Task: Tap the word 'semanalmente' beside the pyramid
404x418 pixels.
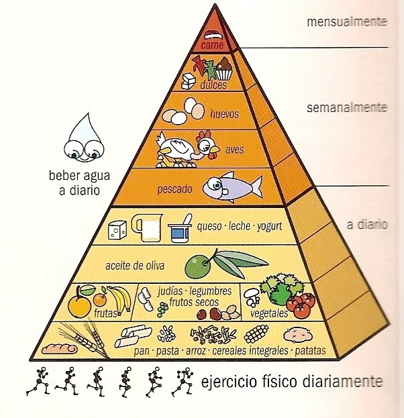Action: click(347, 107)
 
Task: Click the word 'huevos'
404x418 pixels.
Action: click(224, 113)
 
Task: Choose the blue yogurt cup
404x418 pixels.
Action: click(179, 230)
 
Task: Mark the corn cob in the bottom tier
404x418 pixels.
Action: click(256, 333)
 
